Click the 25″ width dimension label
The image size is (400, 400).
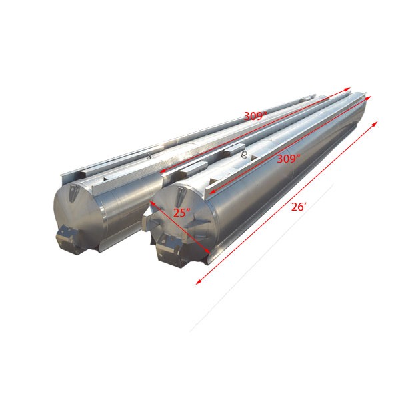click(x=180, y=213)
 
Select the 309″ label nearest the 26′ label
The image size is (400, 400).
click(x=288, y=159)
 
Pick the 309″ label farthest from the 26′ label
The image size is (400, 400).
click(x=255, y=116)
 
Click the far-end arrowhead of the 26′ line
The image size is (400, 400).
click(x=376, y=123)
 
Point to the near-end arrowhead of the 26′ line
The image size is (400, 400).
click(x=197, y=283)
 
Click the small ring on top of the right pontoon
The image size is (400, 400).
click(x=244, y=153)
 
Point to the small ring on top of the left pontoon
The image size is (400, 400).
click(x=147, y=157)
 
